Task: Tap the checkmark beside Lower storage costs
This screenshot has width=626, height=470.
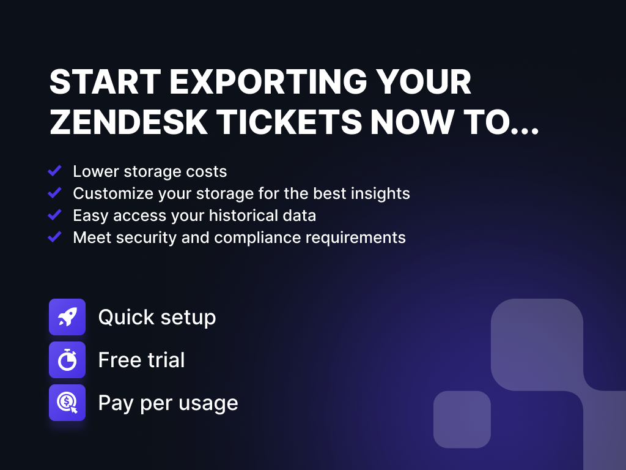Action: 55,171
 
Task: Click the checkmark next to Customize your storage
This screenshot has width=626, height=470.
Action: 55,193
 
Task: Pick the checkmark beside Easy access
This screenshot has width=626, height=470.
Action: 55,215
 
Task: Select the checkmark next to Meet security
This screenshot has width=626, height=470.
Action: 55,237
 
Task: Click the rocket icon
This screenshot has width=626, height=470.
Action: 67,317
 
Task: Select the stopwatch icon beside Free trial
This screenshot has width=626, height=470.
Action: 67,360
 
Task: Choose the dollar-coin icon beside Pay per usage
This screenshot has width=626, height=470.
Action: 67,403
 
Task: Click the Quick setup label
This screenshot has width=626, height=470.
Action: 157,318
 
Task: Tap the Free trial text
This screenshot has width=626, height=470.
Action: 141,360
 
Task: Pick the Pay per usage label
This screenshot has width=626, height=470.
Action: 168,403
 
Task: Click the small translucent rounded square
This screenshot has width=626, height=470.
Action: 462,419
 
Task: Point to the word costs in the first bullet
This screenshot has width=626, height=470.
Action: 207,171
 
